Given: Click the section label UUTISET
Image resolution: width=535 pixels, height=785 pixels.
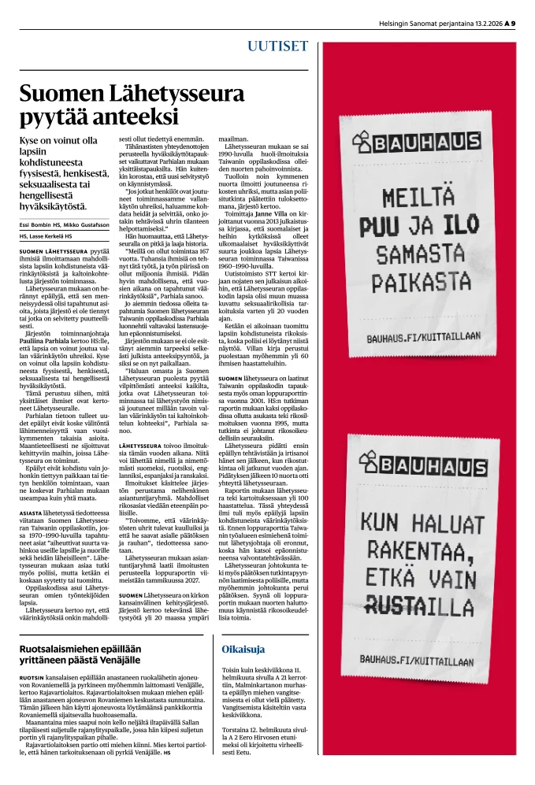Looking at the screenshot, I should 278,46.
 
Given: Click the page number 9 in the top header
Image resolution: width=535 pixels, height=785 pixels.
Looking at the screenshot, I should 512,23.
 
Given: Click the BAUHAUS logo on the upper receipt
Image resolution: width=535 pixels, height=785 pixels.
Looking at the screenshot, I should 420,145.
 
